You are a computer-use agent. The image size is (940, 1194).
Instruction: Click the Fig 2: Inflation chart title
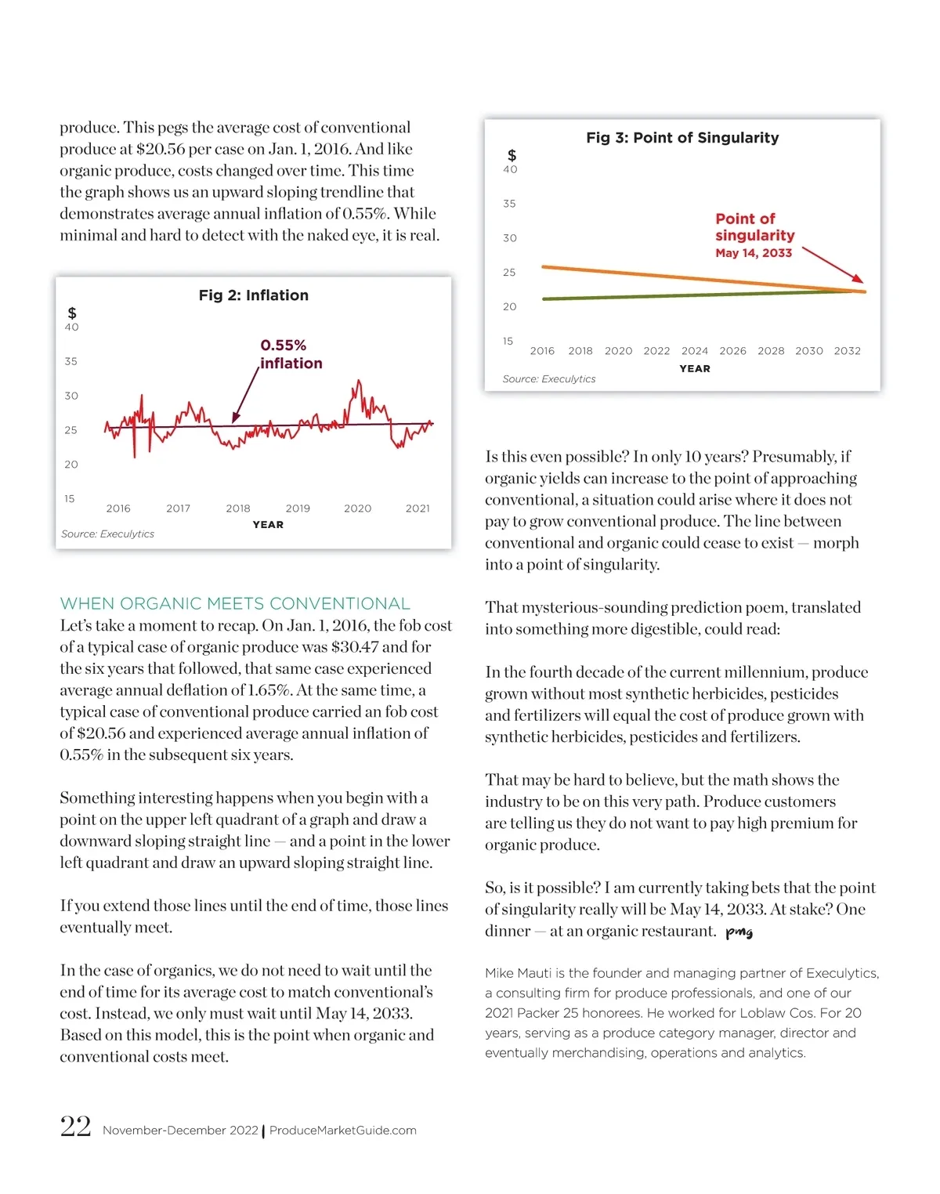pyautogui.click(x=253, y=295)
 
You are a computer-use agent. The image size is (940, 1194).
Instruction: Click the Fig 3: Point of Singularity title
pyautogui.click(x=682, y=138)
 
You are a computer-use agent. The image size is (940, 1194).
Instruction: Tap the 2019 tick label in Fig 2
pyautogui.click(x=298, y=508)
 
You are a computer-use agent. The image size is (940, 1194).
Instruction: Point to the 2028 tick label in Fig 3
pyautogui.click(x=771, y=351)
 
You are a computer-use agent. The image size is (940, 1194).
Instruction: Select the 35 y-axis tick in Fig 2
pyautogui.click(x=71, y=362)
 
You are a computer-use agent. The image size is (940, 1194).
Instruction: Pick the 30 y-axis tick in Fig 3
pyautogui.click(x=510, y=238)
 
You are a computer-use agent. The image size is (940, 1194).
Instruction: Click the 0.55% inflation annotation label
pyautogui.click(x=291, y=354)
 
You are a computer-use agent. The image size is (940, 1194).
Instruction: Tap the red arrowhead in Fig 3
pyautogui.click(x=859, y=278)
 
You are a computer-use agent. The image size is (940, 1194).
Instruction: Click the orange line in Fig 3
pyautogui.click(x=666, y=276)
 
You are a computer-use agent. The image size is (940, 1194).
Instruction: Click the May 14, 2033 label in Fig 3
pyautogui.click(x=754, y=253)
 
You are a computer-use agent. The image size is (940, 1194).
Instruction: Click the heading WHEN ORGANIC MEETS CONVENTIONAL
pyautogui.click(x=235, y=604)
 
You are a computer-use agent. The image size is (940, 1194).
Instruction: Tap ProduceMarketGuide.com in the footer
pyautogui.click(x=343, y=1131)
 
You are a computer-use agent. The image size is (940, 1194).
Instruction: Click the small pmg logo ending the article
pyautogui.click(x=739, y=932)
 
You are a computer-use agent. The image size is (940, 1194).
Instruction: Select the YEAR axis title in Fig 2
pyautogui.click(x=268, y=525)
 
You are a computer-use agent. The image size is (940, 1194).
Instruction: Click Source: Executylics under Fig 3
pyautogui.click(x=548, y=379)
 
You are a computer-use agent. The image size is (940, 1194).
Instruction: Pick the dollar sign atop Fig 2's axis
pyautogui.click(x=72, y=313)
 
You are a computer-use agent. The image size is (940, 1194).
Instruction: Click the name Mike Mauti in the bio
pyautogui.click(x=518, y=973)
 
